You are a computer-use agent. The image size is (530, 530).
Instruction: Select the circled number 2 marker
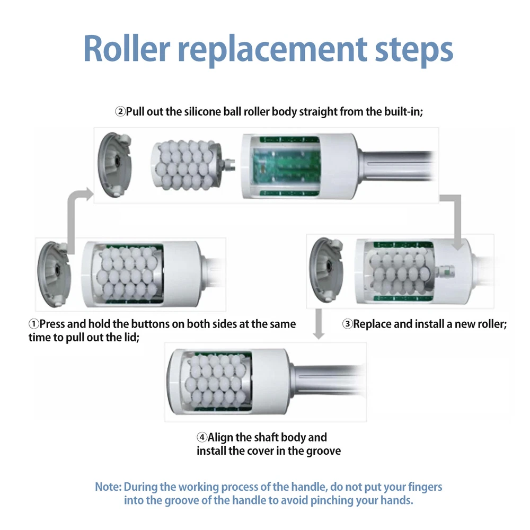[x=120, y=112]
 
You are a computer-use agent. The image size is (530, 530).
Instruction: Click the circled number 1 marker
[x=33, y=324]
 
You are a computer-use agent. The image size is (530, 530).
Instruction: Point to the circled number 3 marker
[x=347, y=324]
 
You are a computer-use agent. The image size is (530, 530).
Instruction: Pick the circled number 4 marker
[x=201, y=438]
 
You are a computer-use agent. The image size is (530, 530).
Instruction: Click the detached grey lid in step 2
[x=115, y=164]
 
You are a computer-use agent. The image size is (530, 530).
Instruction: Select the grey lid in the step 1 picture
[x=55, y=272]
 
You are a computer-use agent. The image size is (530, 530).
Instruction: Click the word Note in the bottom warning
[x=108, y=487]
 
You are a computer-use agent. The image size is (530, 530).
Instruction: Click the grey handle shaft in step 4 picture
[x=329, y=379]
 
